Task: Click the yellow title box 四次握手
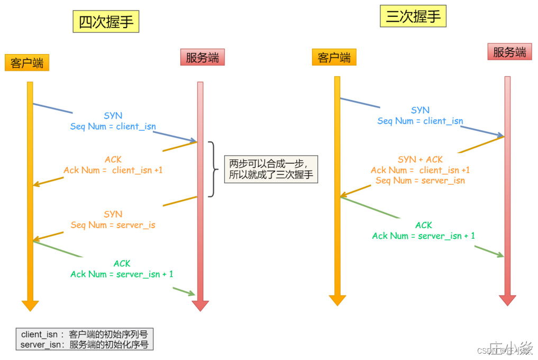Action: tap(106, 22)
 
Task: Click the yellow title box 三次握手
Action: tap(413, 16)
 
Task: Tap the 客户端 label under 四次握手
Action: tap(27, 63)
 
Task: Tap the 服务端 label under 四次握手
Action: tap(202, 57)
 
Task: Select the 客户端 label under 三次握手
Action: tap(334, 57)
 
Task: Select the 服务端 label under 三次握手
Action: tap(509, 52)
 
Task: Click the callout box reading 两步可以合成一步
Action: tap(271, 169)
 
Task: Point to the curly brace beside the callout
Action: tap(213, 169)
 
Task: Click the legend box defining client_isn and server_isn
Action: tap(85, 339)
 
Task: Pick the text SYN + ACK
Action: tap(420, 159)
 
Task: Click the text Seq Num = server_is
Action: tap(113, 225)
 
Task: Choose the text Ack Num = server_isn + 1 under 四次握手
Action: tap(122, 274)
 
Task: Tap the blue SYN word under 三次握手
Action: tap(420, 110)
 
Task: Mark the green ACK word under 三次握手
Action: tap(424, 225)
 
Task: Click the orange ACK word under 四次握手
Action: tap(113, 159)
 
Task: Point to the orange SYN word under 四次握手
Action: tap(113, 214)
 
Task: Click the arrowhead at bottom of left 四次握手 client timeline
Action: tap(30, 305)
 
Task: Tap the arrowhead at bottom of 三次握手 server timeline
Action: tap(507, 300)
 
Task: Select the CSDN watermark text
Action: tap(489, 350)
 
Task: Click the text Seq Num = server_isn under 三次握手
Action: tap(420, 181)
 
